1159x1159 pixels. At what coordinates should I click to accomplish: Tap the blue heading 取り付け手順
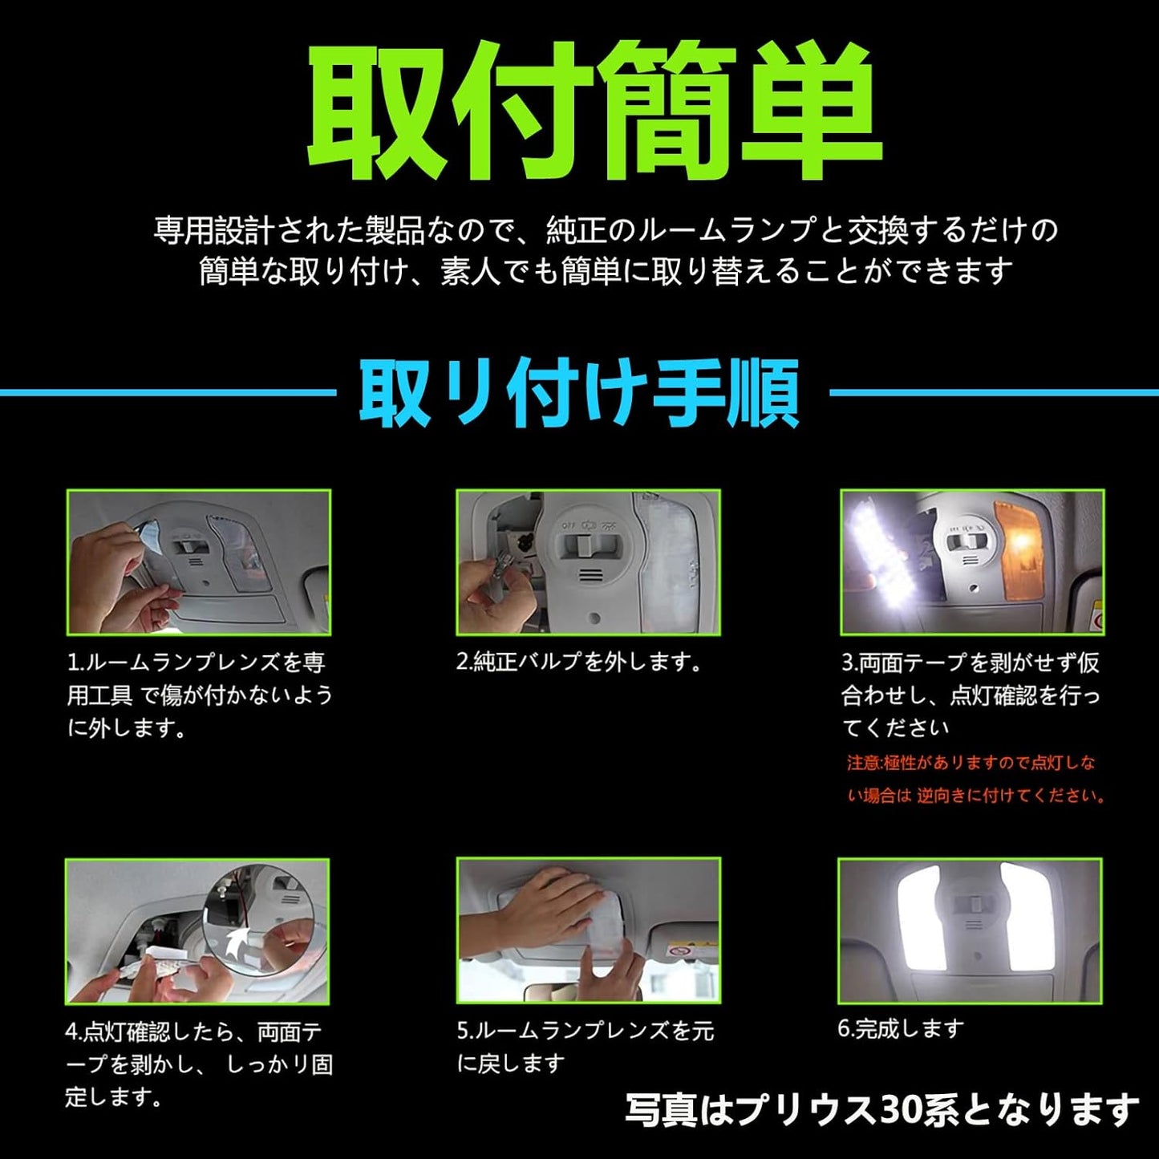click(579, 393)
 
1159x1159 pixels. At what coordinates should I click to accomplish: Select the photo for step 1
click(199, 562)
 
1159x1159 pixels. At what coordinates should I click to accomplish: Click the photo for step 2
click(588, 562)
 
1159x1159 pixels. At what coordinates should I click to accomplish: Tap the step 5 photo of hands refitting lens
click(588, 930)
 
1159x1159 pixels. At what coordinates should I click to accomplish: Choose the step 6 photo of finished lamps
click(970, 930)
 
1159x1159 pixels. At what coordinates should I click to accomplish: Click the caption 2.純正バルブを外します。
click(579, 663)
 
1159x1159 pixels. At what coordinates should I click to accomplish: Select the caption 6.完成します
click(900, 1028)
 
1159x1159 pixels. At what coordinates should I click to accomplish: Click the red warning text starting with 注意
click(975, 779)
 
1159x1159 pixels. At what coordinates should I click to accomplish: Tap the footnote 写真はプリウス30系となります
click(881, 1110)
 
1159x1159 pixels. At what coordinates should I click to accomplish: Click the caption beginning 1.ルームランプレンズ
click(199, 695)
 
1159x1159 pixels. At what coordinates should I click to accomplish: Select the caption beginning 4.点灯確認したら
click(198, 1064)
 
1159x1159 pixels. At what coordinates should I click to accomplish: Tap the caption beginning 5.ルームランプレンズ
click(585, 1047)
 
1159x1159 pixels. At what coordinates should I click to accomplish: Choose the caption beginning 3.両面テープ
click(970, 695)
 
